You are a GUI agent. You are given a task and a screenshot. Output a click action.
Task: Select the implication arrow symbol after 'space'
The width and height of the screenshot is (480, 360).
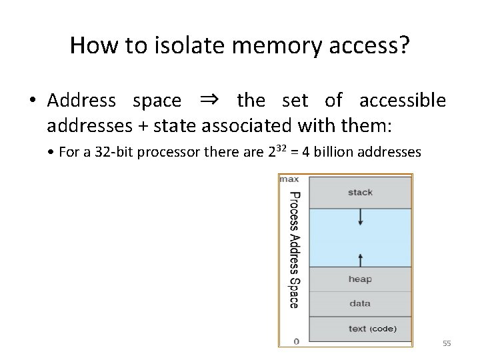tap(209, 101)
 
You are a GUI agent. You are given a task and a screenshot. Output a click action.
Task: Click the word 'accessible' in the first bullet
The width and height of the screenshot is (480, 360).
tap(403, 101)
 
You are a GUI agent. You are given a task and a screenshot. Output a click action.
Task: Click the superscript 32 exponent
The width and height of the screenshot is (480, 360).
tap(283, 147)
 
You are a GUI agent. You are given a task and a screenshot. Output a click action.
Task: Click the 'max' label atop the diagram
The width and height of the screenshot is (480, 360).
tap(289, 179)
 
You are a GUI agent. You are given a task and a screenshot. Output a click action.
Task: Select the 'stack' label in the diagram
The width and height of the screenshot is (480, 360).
tap(361, 193)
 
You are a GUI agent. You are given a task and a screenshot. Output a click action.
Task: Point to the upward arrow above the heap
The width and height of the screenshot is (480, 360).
tap(361, 257)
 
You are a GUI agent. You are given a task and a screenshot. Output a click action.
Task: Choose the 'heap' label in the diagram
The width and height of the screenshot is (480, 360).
tap(360, 279)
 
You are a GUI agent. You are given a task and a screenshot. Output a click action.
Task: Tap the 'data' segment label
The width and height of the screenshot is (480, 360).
tap(360, 303)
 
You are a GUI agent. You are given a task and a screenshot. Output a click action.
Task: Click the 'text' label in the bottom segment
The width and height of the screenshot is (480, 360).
tap(357, 328)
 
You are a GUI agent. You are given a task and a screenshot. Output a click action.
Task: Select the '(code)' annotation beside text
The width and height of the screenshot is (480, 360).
tap(383, 328)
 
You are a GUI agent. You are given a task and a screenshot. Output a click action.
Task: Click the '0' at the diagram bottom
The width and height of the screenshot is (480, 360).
tap(296, 341)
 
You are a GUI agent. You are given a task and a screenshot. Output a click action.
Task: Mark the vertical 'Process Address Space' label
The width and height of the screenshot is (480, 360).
tap(294, 250)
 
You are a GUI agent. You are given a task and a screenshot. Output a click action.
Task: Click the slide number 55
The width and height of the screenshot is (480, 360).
tap(447, 343)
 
